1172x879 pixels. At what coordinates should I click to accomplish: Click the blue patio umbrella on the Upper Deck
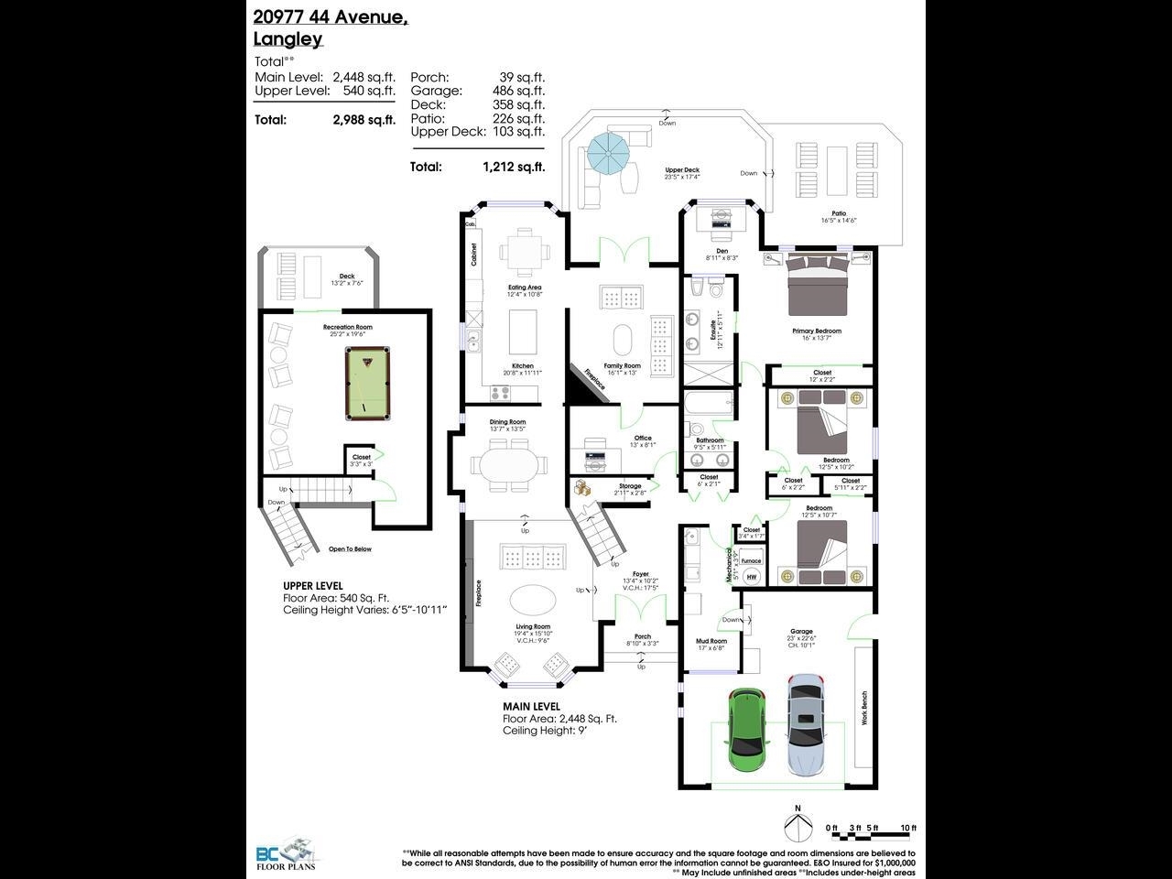[x=608, y=152]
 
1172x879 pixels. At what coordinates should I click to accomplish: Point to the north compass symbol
[x=798, y=826]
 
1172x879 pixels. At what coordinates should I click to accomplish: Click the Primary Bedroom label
[x=816, y=331]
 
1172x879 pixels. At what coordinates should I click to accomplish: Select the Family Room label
[x=623, y=365]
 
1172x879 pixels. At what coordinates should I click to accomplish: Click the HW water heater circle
[x=752, y=577]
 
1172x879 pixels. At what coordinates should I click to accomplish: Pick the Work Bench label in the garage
[x=863, y=708]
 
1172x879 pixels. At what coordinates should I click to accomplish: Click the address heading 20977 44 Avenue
[x=331, y=16]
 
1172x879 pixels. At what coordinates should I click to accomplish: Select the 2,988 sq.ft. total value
[x=364, y=119]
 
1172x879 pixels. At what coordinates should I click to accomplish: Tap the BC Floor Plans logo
[x=286, y=853]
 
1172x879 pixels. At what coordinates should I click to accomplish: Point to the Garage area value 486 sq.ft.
[x=516, y=91]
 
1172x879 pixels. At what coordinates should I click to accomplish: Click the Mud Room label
[x=711, y=641]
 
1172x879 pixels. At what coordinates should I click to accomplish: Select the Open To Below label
[x=350, y=549]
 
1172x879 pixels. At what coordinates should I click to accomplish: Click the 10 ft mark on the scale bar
[x=907, y=828]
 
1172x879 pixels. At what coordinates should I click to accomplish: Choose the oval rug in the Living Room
[x=531, y=601]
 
